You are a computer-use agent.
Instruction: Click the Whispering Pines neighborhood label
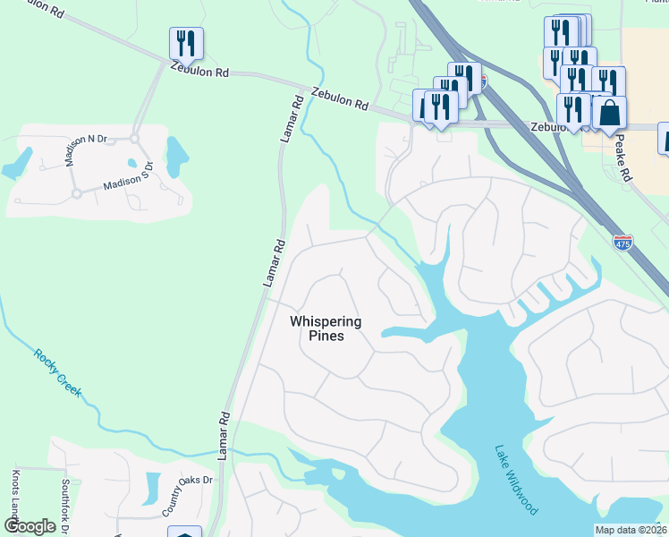point(326,328)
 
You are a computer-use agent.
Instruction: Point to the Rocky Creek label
point(58,371)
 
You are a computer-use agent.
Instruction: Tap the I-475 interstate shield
point(623,242)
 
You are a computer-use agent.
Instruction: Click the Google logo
point(30,526)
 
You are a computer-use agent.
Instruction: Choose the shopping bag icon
point(609,114)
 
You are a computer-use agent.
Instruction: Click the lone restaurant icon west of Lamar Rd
point(186,43)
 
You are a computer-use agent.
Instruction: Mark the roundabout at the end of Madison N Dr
point(136,139)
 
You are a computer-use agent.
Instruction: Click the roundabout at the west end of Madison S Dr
point(77,193)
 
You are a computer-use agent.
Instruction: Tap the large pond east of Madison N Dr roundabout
point(177,153)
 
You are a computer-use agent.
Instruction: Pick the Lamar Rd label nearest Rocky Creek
point(224,437)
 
